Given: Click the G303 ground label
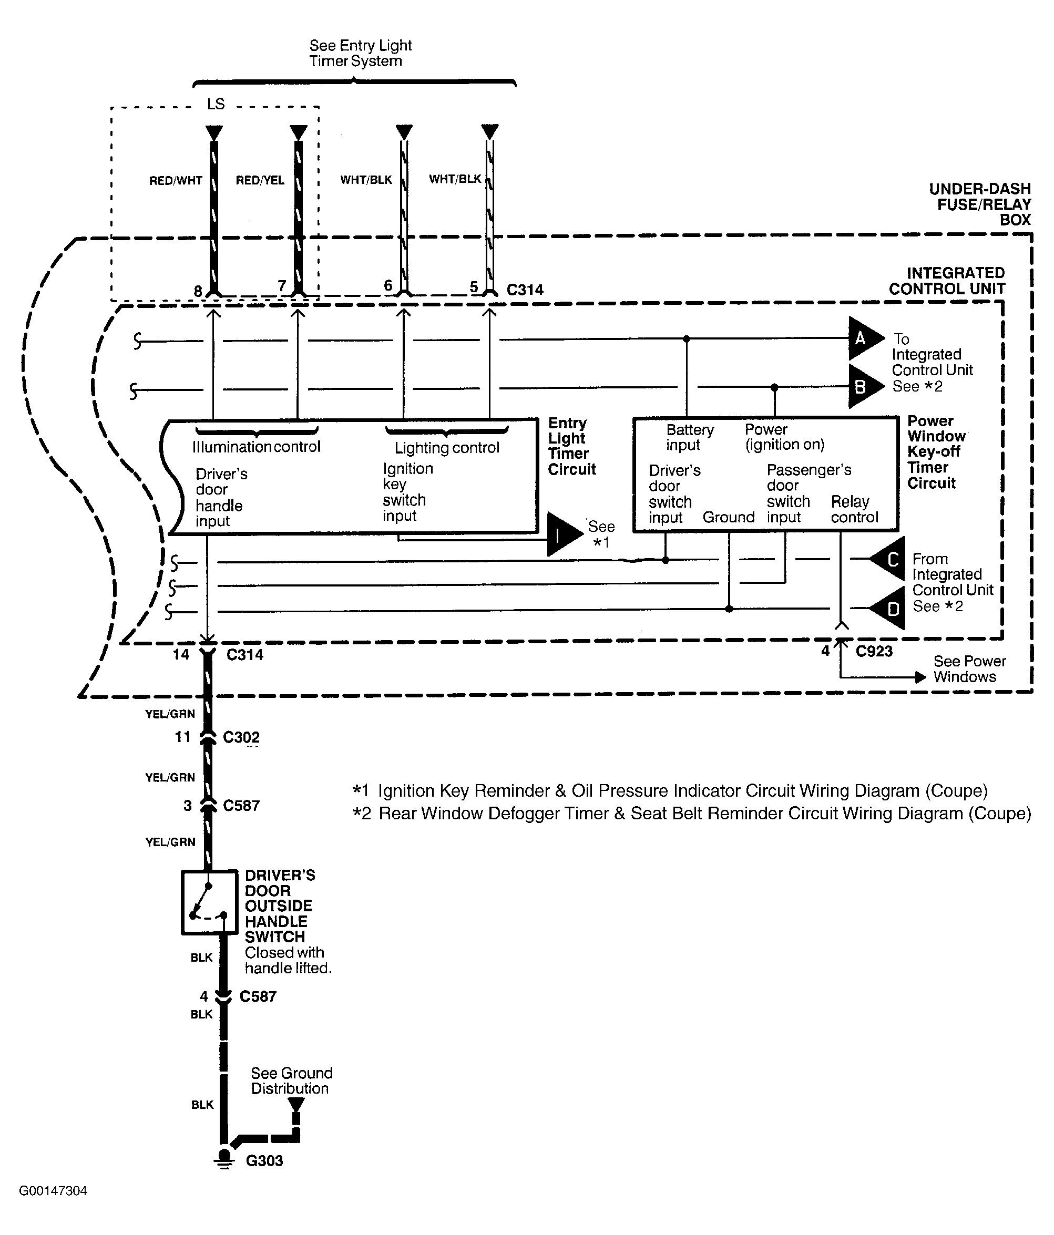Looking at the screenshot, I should (x=264, y=1160).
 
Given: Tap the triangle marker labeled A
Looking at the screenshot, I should (x=863, y=338).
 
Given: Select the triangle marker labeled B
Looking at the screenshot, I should (x=863, y=387).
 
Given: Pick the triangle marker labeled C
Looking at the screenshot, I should (x=890, y=559).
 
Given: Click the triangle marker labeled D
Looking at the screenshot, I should (x=890, y=609).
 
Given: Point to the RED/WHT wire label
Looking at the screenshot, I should (x=175, y=181).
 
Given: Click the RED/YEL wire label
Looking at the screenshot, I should (x=260, y=180).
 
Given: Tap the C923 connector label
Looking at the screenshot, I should (x=874, y=652).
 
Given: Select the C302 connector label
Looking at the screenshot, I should (x=241, y=737).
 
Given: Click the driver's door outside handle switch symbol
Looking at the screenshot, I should (x=209, y=902).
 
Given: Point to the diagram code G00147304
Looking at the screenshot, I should (x=53, y=1191).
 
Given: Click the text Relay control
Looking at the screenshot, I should (x=854, y=509).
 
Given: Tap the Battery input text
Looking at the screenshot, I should (x=690, y=437).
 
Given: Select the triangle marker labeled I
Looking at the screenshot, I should (x=561, y=534).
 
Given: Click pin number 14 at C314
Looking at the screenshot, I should (x=181, y=654).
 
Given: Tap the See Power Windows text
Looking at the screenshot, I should (x=969, y=669).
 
